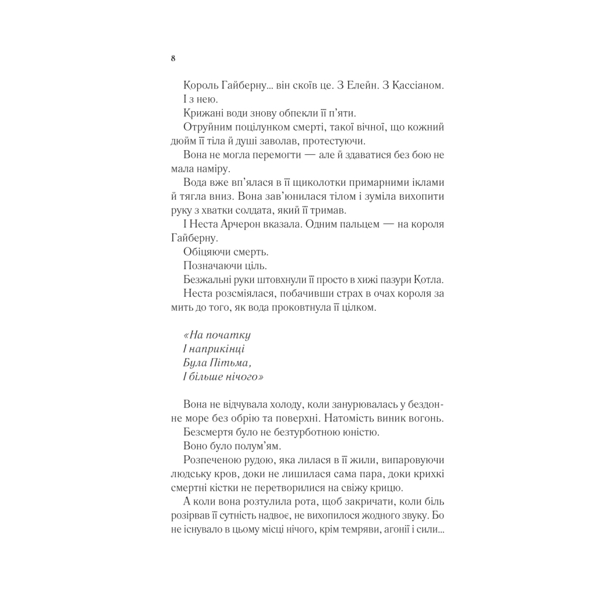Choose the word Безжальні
pos(205,281)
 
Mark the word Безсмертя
pos(207,432)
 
